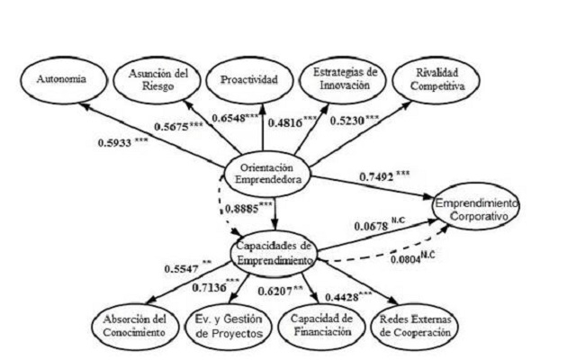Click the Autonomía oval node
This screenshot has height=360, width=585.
click(62, 79)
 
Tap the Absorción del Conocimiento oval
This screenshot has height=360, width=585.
click(135, 324)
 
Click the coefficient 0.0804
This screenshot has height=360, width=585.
click(412, 261)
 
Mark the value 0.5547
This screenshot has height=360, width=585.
click(184, 267)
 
